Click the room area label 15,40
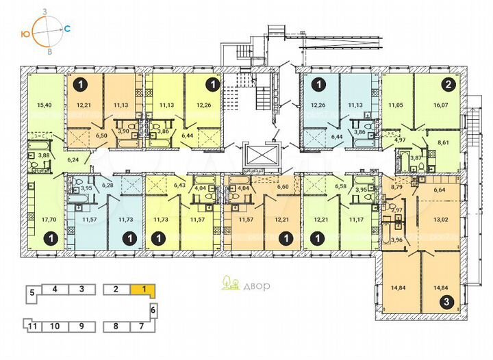point(44,105)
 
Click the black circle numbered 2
point(448,86)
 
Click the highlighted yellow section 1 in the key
point(144,289)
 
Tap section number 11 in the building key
point(33,326)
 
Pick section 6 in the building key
point(153,310)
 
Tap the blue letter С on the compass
point(68,29)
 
